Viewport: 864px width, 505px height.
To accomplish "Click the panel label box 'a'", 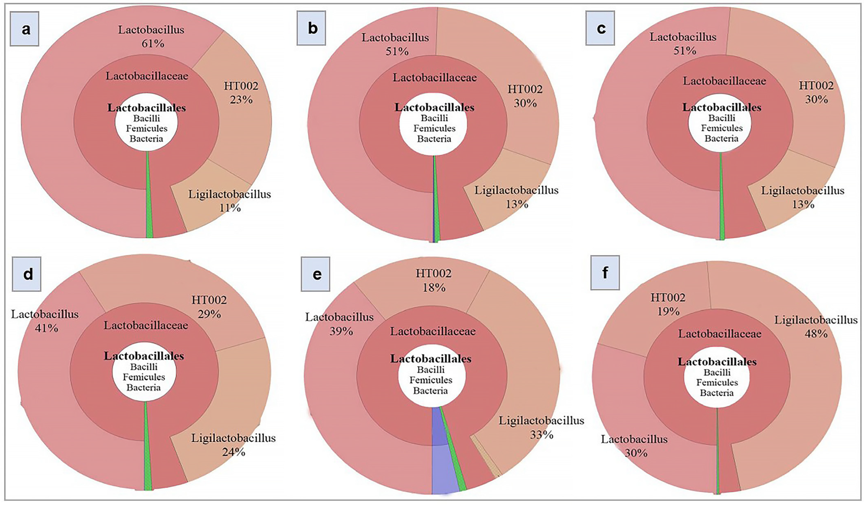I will tap(24, 29).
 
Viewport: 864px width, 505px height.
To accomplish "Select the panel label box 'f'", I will tap(605, 272).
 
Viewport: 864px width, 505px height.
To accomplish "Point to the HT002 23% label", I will tap(241, 93).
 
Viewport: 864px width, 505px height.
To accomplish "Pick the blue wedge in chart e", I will tap(444, 473).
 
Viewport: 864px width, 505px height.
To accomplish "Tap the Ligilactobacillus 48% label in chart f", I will tap(816, 327).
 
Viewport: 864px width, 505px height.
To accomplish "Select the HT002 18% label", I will tap(434, 280).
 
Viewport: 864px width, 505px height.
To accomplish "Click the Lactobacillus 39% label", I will tap(340, 324).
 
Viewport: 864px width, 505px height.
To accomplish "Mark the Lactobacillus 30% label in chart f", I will tap(634, 446).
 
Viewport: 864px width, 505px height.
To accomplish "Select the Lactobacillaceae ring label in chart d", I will tap(146, 325).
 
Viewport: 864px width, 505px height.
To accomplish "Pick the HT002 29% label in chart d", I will tap(209, 307).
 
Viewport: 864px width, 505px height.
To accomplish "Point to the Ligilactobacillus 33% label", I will tap(541, 427).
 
